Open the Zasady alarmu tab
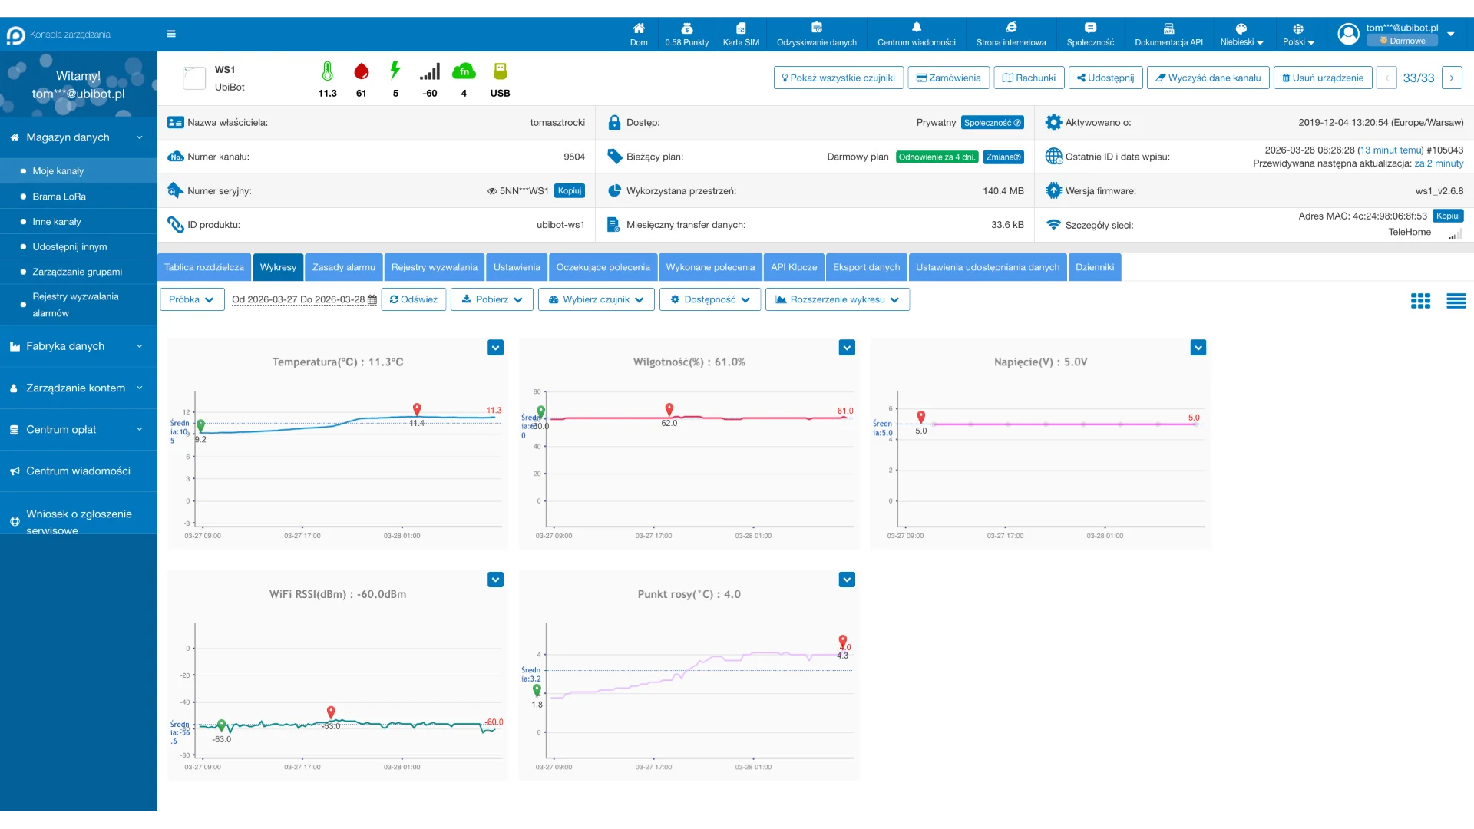click(343, 267)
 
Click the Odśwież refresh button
click(414, 299)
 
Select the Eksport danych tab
click(866, 267)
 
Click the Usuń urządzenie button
click(1322, 78)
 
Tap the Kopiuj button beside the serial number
click(569, 190)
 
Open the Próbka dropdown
click(192, 299)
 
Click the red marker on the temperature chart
click(417, 409)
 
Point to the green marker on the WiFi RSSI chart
click(222, 725)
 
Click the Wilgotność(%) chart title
click(689, 362)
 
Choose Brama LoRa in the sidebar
click(59, 197)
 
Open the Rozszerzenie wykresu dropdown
click(837, 299)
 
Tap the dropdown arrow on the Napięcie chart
click(1198, 348)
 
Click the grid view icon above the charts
click(1420, 301)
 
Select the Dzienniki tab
click(1094, 267)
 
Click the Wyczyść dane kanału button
click(1208, 78)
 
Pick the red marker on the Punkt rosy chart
click(843, 640)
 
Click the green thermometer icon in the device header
click(327, 71)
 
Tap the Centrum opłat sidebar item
click(61, 429)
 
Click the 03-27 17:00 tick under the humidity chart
click(653, 536)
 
